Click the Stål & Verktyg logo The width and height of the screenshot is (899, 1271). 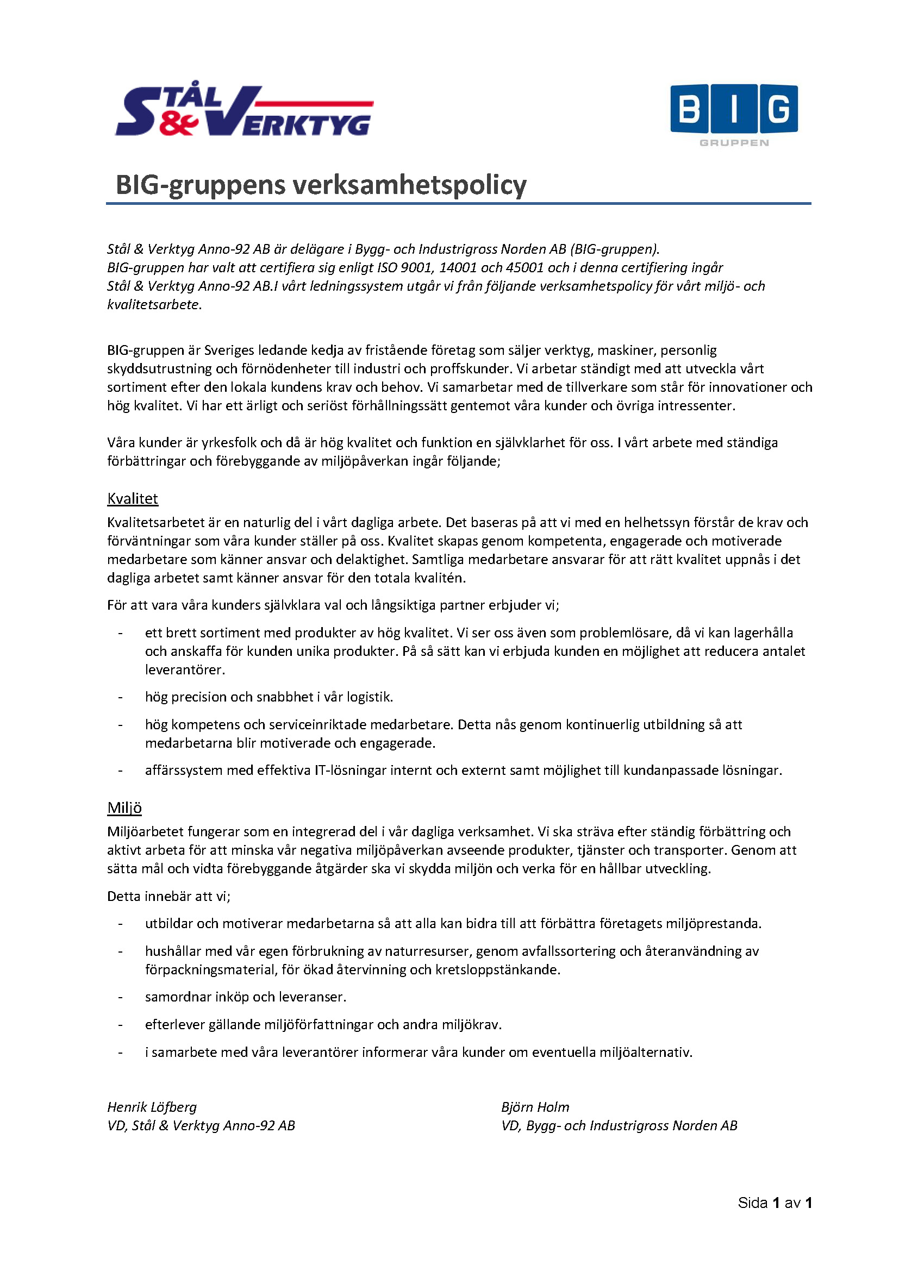pyautogui.click(x=244, y=111)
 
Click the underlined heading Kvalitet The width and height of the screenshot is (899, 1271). pyautogui.click(x=132, y=499)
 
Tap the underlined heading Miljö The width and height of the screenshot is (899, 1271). pyautogui.click(x=124, y=808)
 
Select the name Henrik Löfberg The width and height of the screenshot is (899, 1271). pyautogui.click(x=152, y=1107)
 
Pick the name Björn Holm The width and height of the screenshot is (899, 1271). pyautogui.click(x=535, y=1107)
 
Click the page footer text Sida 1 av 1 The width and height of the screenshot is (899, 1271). pyautogui.click(x=775, y=1203)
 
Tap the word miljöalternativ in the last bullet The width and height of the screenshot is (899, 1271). pyautogui.click(x=646, y=1053)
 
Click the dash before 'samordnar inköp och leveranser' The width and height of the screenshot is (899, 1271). pyautogui.click(x=120, y=998)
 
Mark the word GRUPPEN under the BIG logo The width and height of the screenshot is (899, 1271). pyautogui.click(x=734, y=143)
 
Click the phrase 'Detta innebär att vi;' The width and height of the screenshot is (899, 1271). pyautogui.click(x=169, y=896)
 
